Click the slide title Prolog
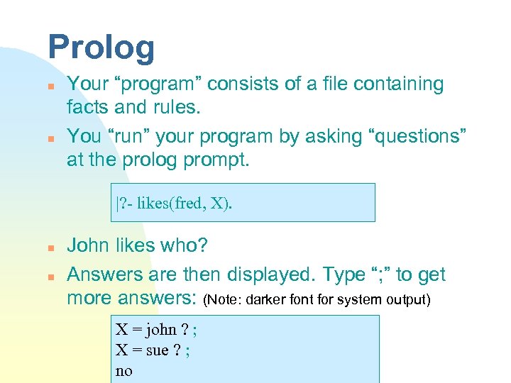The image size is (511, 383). [101, 48]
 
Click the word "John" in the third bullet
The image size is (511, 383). [88, 245]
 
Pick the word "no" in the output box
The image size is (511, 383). [123, 370]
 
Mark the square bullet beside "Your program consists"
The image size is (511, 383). [51, 85]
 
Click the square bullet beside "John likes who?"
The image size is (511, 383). [51, 247]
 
